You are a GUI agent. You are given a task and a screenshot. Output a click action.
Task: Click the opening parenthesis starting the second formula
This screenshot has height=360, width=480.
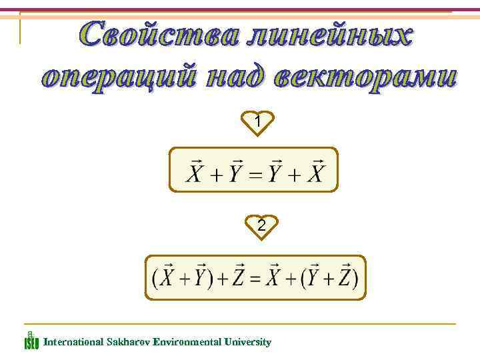click(157, 278)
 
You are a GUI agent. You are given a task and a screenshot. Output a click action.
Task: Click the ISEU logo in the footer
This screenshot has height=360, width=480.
click(31, 340)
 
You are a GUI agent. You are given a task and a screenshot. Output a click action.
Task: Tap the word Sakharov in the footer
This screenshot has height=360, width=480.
click(127, 342)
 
